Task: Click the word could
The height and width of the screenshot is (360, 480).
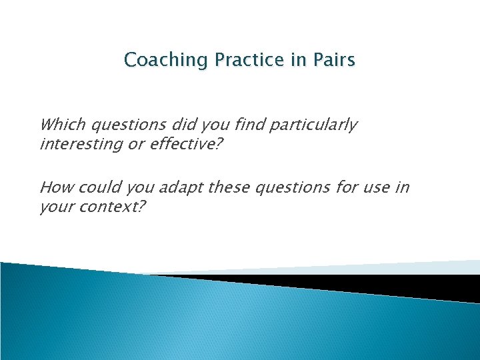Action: coord(93,187)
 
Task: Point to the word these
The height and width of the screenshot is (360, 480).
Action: coord(228,187)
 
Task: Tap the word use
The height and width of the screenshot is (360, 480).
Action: coord(373,187)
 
